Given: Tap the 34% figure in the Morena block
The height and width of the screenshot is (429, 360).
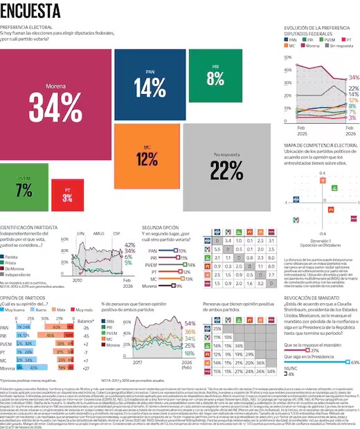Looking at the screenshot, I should point(56,108).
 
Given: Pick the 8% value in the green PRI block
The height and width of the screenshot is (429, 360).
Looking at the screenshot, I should point(215,78).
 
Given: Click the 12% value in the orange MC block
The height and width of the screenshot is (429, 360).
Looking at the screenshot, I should point(146,160).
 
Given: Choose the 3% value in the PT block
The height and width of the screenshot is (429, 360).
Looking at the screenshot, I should point(68,199).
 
